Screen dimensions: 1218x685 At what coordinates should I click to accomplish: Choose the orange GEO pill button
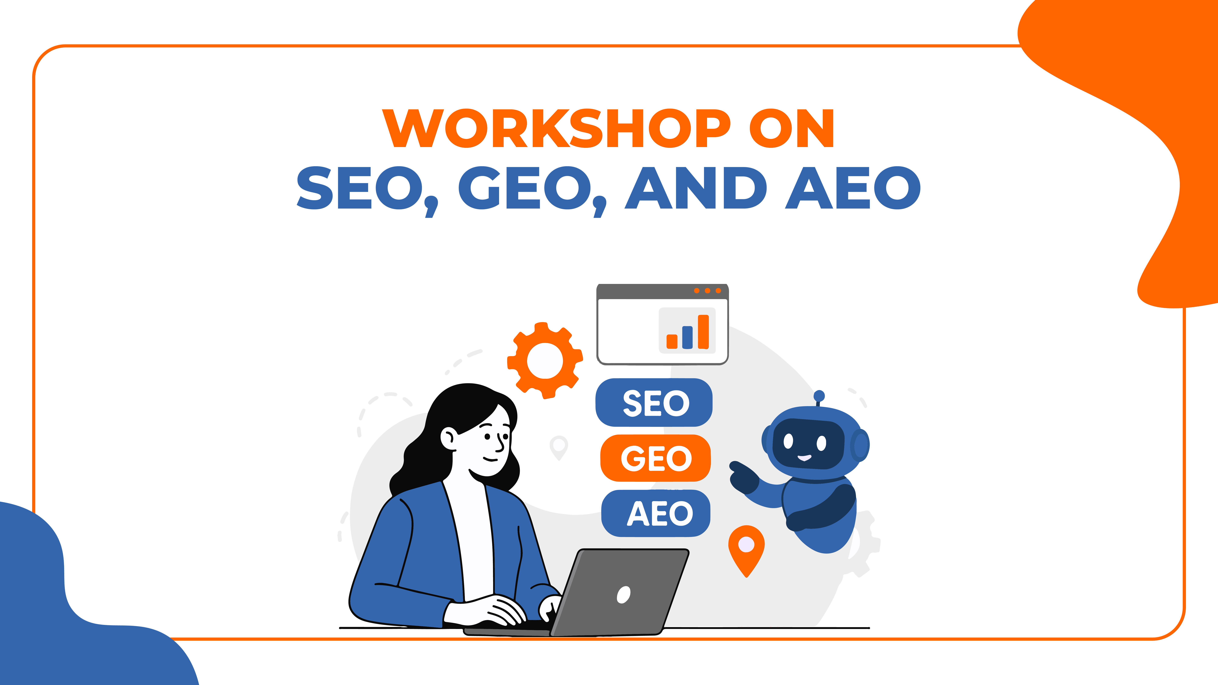coord(655,458)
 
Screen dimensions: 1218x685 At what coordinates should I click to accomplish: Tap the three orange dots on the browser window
coord(707,291)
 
